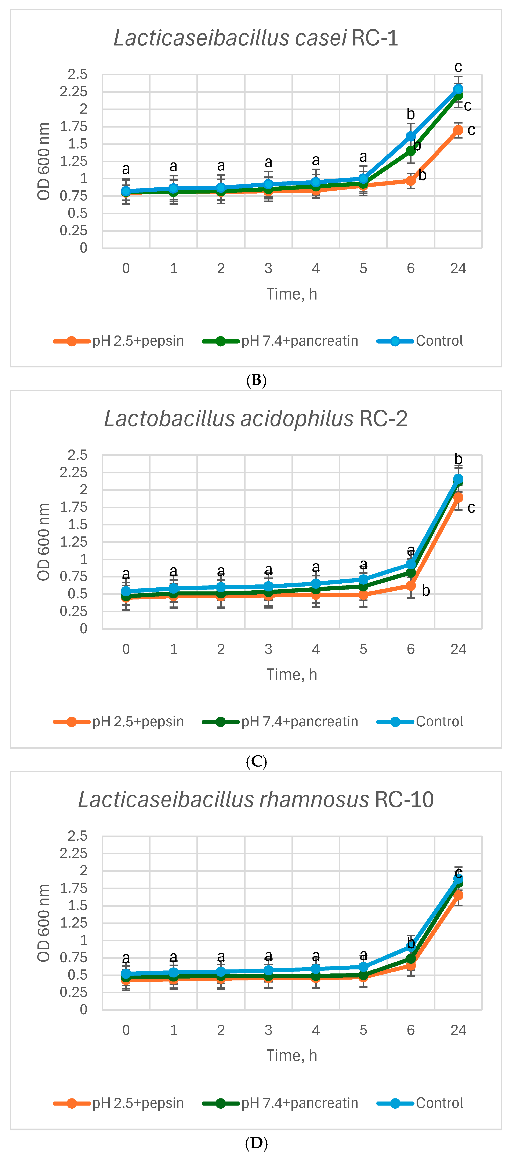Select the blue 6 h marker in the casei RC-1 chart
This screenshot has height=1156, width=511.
pos(410,136)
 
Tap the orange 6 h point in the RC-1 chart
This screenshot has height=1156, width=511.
pos(410,180)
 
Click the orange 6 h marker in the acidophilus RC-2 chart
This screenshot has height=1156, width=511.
pos(410,585)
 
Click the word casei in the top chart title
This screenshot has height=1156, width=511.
pos(321,38)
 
